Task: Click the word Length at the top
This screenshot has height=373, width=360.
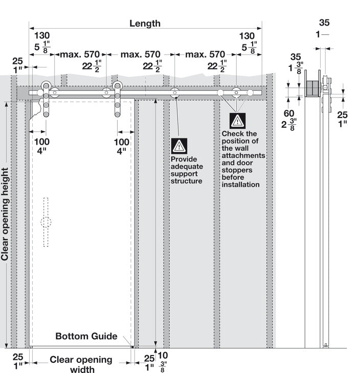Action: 145,24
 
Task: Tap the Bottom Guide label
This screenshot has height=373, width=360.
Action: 86,336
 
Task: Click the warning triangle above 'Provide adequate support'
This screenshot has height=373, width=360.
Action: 179,146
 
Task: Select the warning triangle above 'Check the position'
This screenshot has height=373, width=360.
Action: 237,121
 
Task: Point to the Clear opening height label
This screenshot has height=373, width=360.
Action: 5,214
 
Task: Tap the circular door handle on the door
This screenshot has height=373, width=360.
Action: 46,222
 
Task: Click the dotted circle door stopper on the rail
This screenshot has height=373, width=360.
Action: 250,92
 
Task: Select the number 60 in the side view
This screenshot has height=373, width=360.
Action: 289,113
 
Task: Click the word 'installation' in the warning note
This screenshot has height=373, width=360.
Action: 240,184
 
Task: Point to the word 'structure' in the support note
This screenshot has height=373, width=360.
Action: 187,181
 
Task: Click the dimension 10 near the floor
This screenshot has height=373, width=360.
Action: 163,356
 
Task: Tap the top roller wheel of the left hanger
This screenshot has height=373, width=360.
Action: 46,86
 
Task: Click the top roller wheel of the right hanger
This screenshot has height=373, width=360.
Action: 118,86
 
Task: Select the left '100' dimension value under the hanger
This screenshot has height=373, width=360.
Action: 42,142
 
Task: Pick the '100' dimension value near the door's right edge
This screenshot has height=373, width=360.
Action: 121,142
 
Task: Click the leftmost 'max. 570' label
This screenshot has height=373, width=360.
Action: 80,55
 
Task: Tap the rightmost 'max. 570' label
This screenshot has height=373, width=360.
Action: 205,55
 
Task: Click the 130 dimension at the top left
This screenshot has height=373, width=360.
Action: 42,36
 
